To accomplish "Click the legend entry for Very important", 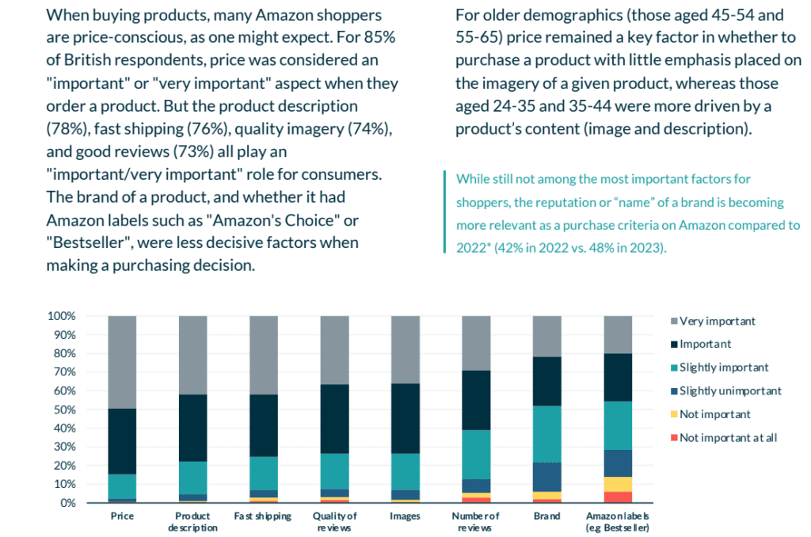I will [x=718, y=321].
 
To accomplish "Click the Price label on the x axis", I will [x=122, y=516].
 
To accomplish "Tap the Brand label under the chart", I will [x=547, y=516].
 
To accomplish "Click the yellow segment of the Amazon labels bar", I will [x=618, y=484].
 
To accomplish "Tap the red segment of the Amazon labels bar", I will [x=618, y=497].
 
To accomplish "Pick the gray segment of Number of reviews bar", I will [x=476, y=343].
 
